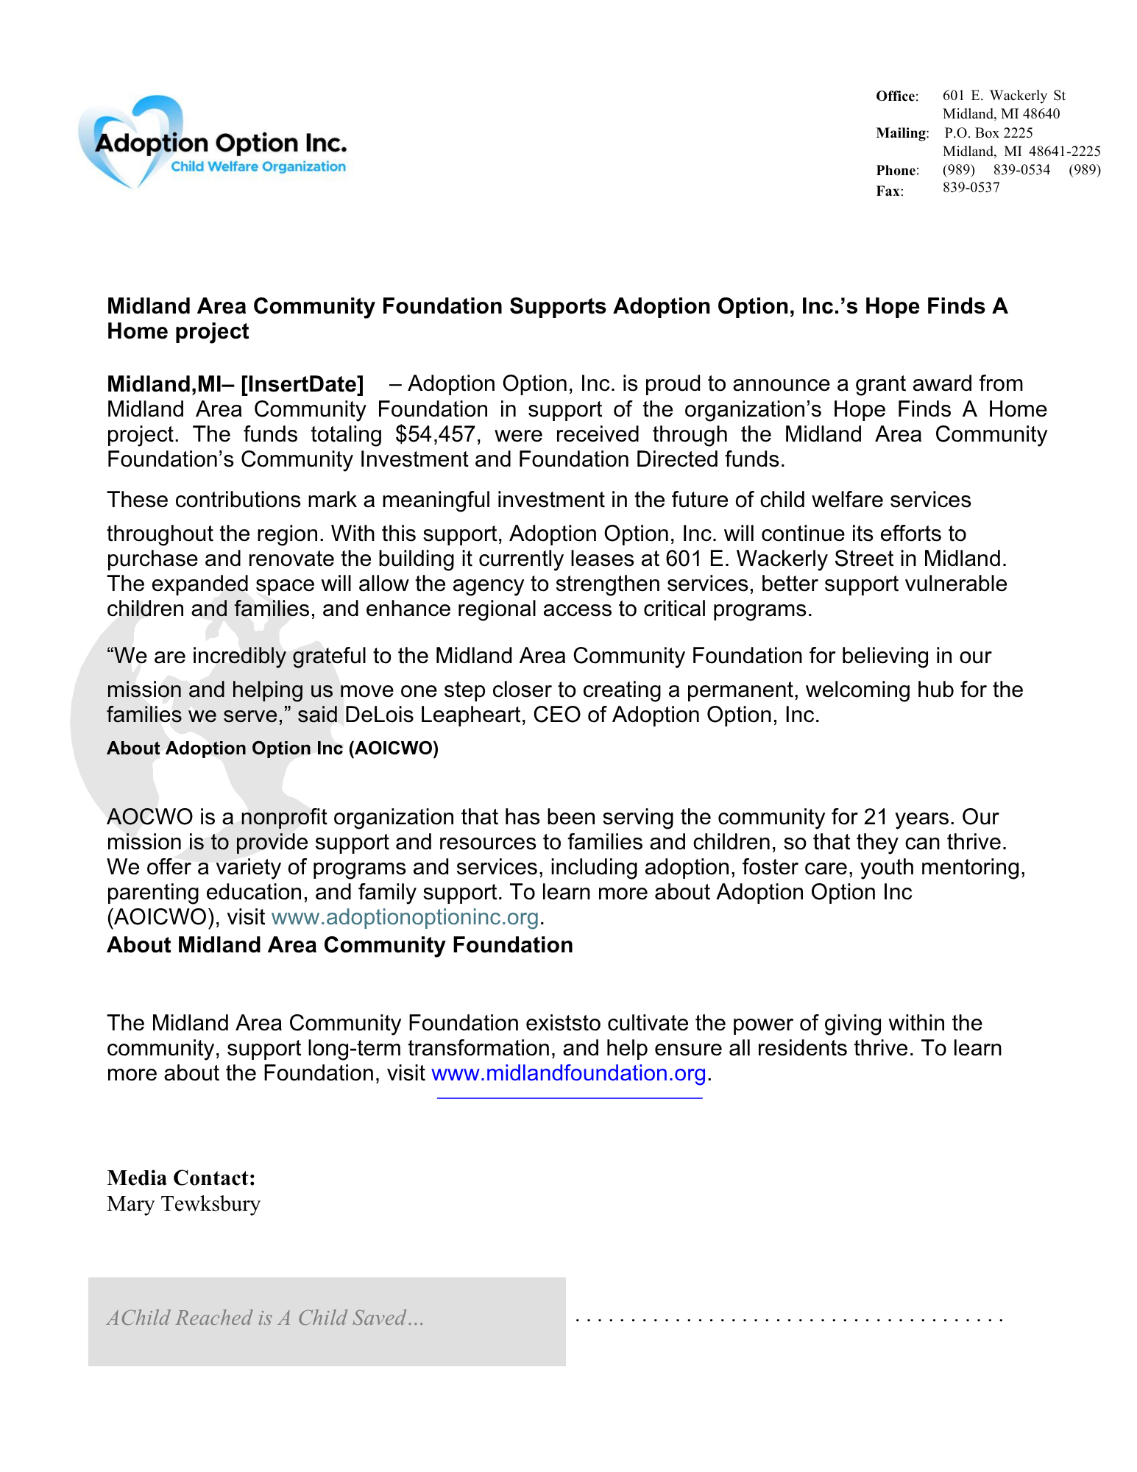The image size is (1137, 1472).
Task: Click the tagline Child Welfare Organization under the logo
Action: click(x=258, y=167)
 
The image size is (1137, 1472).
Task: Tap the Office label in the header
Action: click(x=896, y=96)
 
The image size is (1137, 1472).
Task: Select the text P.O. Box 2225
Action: click(x=988, y=133)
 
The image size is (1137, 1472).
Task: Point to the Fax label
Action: click(x=889, y=191)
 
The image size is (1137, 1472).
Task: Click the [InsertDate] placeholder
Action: click(x=302, y=384)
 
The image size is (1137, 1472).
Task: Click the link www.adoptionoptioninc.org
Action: click(x=405, y=917)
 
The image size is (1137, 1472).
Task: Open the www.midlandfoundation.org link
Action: click(x=568, y=1073)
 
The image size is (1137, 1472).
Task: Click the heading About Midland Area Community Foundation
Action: click(x=339, y=945)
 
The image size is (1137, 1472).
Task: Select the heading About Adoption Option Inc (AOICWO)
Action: click(x=272, y=749)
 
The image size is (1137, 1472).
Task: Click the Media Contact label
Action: click(x=181, y=1178)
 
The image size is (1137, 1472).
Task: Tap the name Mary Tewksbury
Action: click(x=183, y=1204)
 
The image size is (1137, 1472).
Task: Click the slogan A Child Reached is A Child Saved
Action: click(x=265, y=1317)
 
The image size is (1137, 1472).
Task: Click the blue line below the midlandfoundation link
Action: click(x=569, y=1098)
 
